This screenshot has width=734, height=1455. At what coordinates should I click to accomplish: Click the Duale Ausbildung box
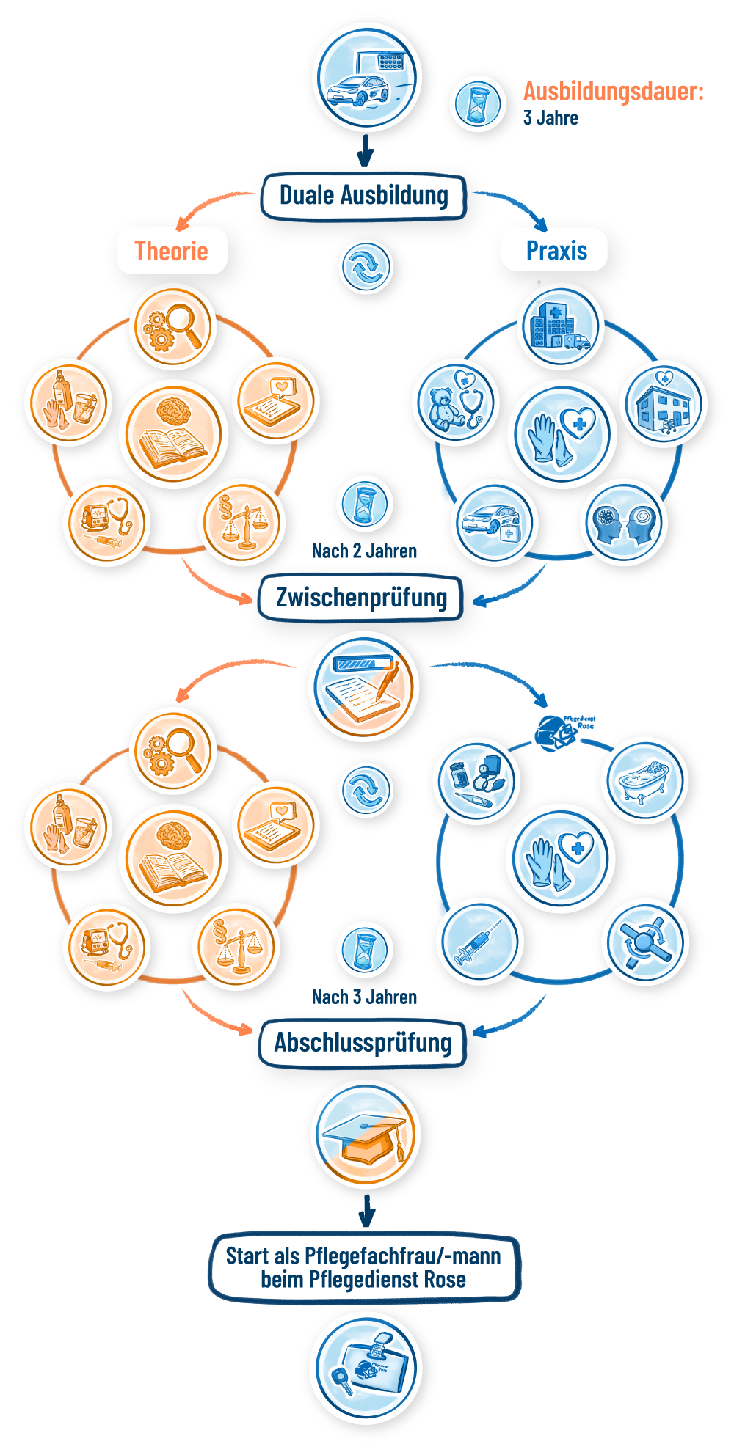click(x=364, y=196)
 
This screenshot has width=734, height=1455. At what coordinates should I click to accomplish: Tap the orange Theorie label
click(x=172, y=251)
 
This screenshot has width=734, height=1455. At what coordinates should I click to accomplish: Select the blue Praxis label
click(x=556, y=250)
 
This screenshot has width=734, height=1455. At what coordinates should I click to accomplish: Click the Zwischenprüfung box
click(x=361, y=597)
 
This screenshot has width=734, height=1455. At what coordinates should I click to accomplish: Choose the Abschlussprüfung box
click(x=363, y=1042)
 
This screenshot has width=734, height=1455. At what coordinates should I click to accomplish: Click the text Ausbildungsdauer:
click(x=613, y=92)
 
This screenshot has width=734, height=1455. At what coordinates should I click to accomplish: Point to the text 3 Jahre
click(x=550, y=118)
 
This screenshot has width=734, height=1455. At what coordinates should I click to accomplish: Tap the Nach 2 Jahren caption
click(x=364, y=551)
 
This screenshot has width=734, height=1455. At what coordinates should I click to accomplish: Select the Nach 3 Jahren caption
click(x=364, y=997)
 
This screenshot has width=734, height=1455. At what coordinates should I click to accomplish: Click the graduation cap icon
click(x=366, y=1134)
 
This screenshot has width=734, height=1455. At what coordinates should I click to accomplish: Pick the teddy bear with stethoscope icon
click(x=456, y=403)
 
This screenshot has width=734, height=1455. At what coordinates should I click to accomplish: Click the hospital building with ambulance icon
click(x=560, y=328)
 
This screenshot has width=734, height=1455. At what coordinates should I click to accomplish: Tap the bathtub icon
click(x=644, y=781)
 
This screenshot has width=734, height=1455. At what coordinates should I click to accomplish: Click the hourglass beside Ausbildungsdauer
click(x=478, y=103)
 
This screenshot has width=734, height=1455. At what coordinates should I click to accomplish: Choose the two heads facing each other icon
click(x=624, y=521)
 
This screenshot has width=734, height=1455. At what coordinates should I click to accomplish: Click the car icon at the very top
click(x=367, y=78)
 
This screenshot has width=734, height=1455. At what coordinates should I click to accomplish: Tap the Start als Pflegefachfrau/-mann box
click(x=364, y=1267)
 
